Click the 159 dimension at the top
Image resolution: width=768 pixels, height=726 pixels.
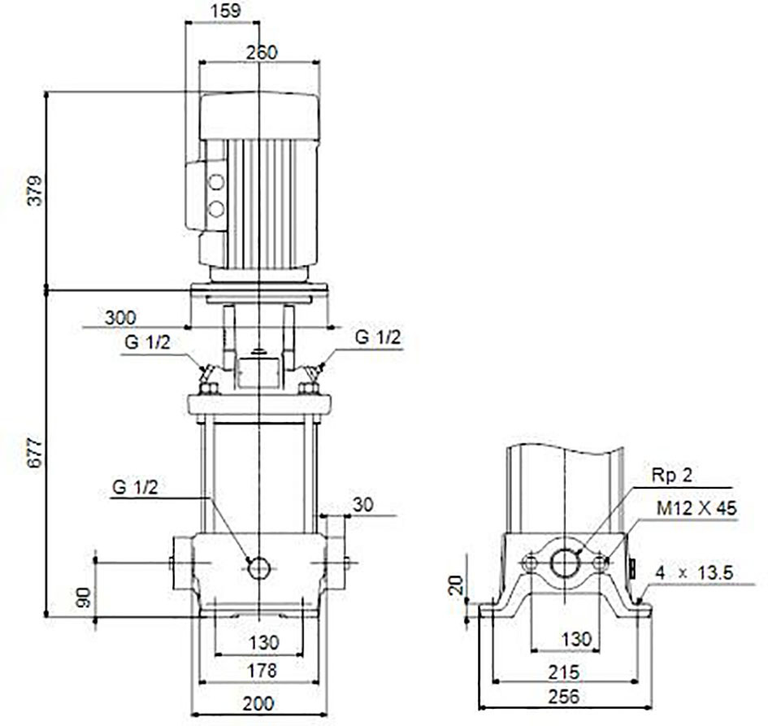click(x=226, y=11)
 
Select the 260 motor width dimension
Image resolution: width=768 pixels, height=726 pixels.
click(x=262, y=52)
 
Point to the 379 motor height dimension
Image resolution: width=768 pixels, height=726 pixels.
click(x=35, y=190)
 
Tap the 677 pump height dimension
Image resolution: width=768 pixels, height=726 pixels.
click(x=35, y=453)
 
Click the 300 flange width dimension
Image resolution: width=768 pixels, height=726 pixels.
click(x=120, y=318)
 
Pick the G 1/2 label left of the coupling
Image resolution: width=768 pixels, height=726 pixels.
click(x=147, y=342)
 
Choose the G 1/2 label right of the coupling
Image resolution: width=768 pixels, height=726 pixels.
click(x=377, y=337)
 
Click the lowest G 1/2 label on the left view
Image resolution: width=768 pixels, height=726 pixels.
click(x=135, y=487)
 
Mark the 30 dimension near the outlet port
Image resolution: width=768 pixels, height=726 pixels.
click(x=363, y=505)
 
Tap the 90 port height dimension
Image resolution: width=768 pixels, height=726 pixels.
click(x=85, y=598)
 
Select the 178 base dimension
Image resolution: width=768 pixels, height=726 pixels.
click(x=262, y=671)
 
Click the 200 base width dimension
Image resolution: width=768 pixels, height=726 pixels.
click(x=258, y=704)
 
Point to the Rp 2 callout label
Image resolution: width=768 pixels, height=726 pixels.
click(x=672, y=475)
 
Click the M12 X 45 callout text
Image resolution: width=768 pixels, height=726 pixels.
click(x=696, y=508)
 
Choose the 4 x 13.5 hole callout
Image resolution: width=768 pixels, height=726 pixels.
click(x=695, y=572)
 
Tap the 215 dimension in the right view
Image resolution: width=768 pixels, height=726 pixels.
click(x=564, y=672)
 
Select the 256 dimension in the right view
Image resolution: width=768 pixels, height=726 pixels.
click(x=564, y=696)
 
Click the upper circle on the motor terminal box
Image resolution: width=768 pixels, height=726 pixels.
click(x=216, y=182)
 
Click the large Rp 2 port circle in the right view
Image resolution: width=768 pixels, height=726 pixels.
click(x=565, y=563)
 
